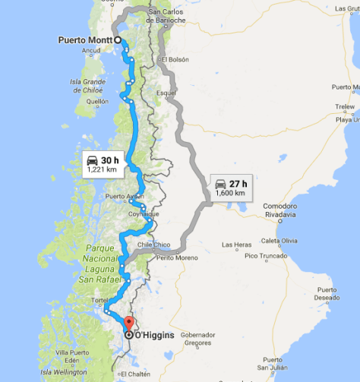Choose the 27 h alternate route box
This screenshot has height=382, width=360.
click(x=230, y=187)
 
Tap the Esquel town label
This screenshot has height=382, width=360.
click(x=165, y=94)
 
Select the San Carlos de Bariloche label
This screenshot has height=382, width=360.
click(x=167, y=16)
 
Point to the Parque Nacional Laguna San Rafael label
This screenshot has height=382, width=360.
click(x=88, y=265)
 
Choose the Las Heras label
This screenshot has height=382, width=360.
click(x=237, y=245)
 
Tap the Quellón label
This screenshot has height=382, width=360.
click(x=97, y=100)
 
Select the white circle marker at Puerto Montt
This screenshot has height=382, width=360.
click(x=118, y=39)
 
